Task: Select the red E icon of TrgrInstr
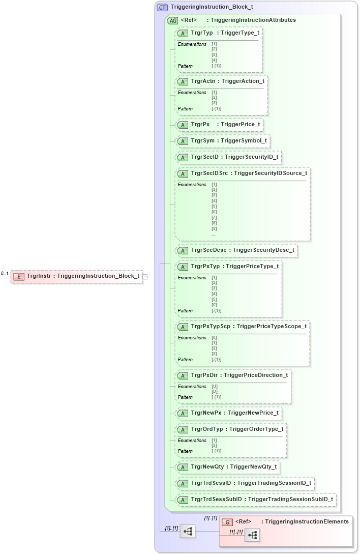pos(18,276)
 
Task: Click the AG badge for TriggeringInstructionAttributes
pos(172,20)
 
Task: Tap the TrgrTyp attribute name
pos(201,33)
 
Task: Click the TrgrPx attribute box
pos(219,125)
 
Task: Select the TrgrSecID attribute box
pos(228,157)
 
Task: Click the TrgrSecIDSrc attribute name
pos(209,173)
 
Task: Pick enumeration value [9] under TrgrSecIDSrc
pos(214,229)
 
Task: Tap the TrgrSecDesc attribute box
pos(236,250)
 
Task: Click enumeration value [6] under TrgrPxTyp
pos(214,305)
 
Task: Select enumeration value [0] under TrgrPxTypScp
pos(214,338)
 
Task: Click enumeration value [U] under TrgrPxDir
pos(214,387)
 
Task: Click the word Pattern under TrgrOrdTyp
pos(185,451)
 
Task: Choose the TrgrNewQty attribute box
pos(227,466)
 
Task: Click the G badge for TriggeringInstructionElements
pos(228,522)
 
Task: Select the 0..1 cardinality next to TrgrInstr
pos(5,274)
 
